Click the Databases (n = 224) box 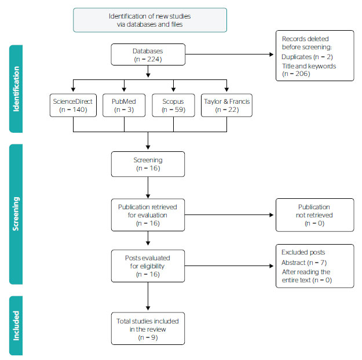pyautogui.click(x=148, y=54)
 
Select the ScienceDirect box pyautogui.click(x=73, y=106)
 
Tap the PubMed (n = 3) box pyautogui.click(x=124, y=106)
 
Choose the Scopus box pyautogui.click(x=173, y=106)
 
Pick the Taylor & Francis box pyautogui.click(x=226, y=106)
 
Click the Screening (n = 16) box pyautogui.click(x=148, y=164)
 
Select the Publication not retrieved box pyautogui.click(x=315, y=215)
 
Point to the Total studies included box pyautogui.click(x=148, y=329)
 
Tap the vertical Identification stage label pyautogui.click(x=16, y=89)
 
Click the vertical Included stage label pyautogui.click(x=16, y=326)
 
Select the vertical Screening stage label pyautogui.click(x=16, y=214)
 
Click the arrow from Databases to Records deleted pyautogui.click(x=229, y=54)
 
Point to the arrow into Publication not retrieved pyautogui.click(x=229, y=215)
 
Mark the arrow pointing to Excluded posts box pyautogui.click(x=229, y=266)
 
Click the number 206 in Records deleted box pyautogui.click(x=302, y=74)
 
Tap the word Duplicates pyautogui.click(x=297, y=57)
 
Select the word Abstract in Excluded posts pyautogui.click(x=294, y=263)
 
